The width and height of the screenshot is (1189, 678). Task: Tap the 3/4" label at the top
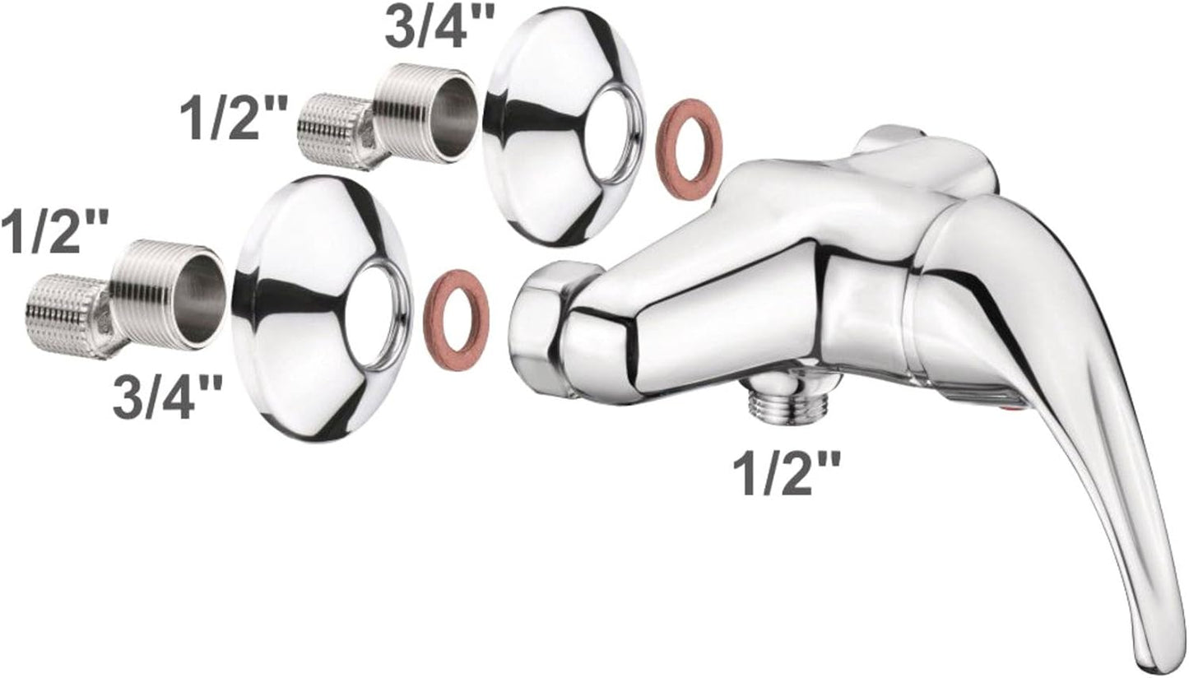(439, 24)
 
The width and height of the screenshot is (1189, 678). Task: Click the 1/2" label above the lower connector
(54, 230)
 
